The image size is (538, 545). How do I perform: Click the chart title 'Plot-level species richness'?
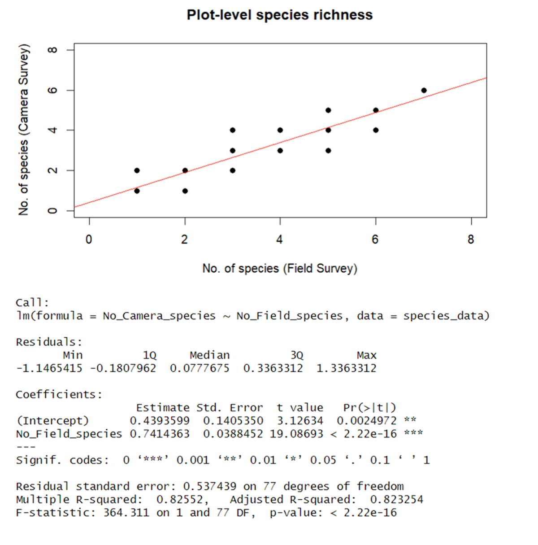click(279, 15)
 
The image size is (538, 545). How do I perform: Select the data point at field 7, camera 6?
click(424, 90)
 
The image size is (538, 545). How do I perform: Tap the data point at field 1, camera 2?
click(137, 170)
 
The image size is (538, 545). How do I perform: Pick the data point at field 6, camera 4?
click(376, 130)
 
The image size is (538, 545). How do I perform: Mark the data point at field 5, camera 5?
click(328, 110)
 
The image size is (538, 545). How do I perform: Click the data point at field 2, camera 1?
click(185, 191)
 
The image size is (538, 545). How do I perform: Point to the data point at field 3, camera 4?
click(233, 130)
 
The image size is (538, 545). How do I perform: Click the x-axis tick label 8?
click(471, 240)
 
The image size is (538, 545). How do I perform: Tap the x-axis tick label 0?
click(89, 240)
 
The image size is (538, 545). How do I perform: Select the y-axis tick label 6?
click(52, 90)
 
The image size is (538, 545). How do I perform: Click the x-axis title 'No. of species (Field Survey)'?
click(280, 269)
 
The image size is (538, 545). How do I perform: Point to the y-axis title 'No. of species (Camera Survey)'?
click(23, 130)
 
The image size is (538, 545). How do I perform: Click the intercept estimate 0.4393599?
click(160, 421)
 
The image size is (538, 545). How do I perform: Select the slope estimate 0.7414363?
click(160, 434)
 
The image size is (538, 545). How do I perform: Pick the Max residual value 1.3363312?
click(346, 368)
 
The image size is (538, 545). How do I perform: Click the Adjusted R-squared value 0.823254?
click(396, 499)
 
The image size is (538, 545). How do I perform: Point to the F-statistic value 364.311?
click(126, 513)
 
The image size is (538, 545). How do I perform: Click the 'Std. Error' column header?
click(230, 408)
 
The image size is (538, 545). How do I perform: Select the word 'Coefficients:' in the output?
click(59, 395)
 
